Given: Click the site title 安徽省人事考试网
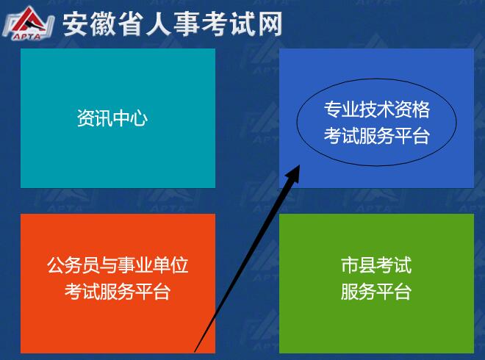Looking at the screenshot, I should coord(172,24).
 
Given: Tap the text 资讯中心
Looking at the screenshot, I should coord(112,119).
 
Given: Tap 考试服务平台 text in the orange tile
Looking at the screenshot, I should coord(118,292).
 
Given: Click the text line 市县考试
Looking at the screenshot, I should coord(376,265).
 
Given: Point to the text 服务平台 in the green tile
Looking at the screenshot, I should coord(376,292).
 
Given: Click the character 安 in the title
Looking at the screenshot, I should coord(76,24).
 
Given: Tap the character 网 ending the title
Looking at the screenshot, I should coord(269,24).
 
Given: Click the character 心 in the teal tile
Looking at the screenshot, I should coord(139,119).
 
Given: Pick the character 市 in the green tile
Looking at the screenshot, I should coord(350,265).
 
